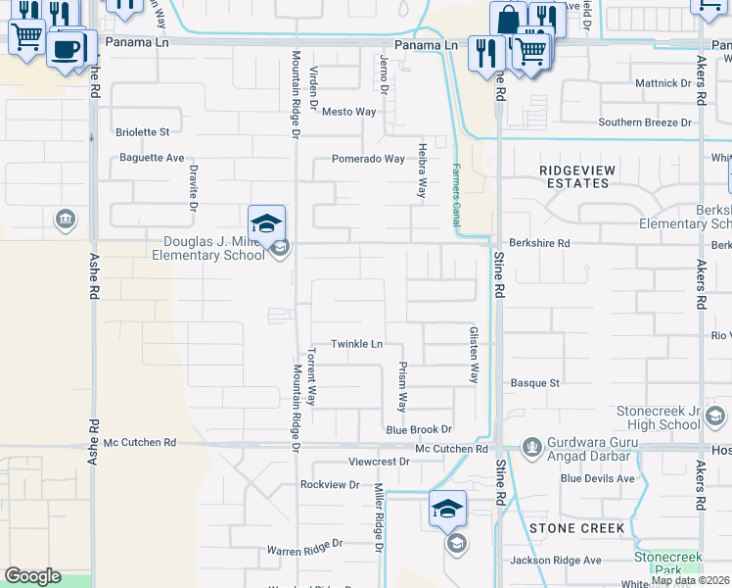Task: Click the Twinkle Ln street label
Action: (356, 344)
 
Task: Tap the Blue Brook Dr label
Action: (419, 429)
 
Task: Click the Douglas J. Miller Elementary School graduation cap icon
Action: (266, 224)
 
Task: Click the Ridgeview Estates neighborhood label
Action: (577, 176)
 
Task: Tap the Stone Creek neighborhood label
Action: (576, 528)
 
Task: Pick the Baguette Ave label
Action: (152, 158)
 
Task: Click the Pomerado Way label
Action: (368, 159)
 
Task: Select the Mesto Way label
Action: (349, 112)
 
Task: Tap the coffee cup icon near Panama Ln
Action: (68, 49)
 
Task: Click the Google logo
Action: (32, 576)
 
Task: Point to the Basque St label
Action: (535, 383)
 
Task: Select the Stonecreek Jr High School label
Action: (658, 417)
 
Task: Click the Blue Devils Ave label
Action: (598, 478)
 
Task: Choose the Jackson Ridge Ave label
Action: (556, 561)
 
